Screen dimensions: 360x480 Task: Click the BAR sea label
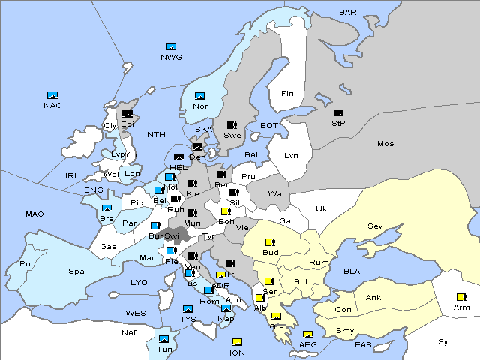(x=348, y=12)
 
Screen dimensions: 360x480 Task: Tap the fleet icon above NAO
(x=52, y=95)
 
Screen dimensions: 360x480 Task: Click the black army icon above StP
(x=338, y=112)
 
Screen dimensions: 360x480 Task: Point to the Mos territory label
(x=385, y=143)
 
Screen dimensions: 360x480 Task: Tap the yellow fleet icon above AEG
(x=307, y=334)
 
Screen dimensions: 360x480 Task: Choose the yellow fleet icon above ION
(x=237, y=343)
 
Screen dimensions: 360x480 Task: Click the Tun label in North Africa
(x=163, y=349)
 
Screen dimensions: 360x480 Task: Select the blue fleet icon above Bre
(x=106, y=208)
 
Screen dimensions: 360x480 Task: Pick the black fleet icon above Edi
(x=127, y=114)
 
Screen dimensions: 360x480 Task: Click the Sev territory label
(x=375, y=226)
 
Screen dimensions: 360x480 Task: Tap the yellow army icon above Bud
(x=270, y=242)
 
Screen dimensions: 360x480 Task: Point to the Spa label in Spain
(x=76, y=271)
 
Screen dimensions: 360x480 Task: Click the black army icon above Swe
(x=232, y=125)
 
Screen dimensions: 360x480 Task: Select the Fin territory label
(x=286, y=94)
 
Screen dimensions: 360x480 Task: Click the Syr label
(x=445, y=341)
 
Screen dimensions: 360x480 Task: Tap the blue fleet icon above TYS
(x=187, y=309)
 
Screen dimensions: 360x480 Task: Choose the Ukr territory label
(x=322, y=208)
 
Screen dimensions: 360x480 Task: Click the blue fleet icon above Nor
(x=199, y=96)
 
